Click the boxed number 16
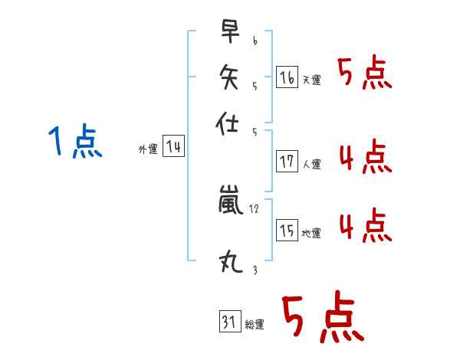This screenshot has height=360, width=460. coord(286,77)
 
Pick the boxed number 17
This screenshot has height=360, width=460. coord(287,162)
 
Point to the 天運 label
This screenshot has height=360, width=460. coord(311,80)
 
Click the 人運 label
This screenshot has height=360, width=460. coord(311,164)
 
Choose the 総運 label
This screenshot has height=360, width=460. coord(255,324)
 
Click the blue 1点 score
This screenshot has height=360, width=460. coord(75,142)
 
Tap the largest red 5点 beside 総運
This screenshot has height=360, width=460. coord(322,318)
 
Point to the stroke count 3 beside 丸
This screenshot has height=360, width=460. coord(254,270)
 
